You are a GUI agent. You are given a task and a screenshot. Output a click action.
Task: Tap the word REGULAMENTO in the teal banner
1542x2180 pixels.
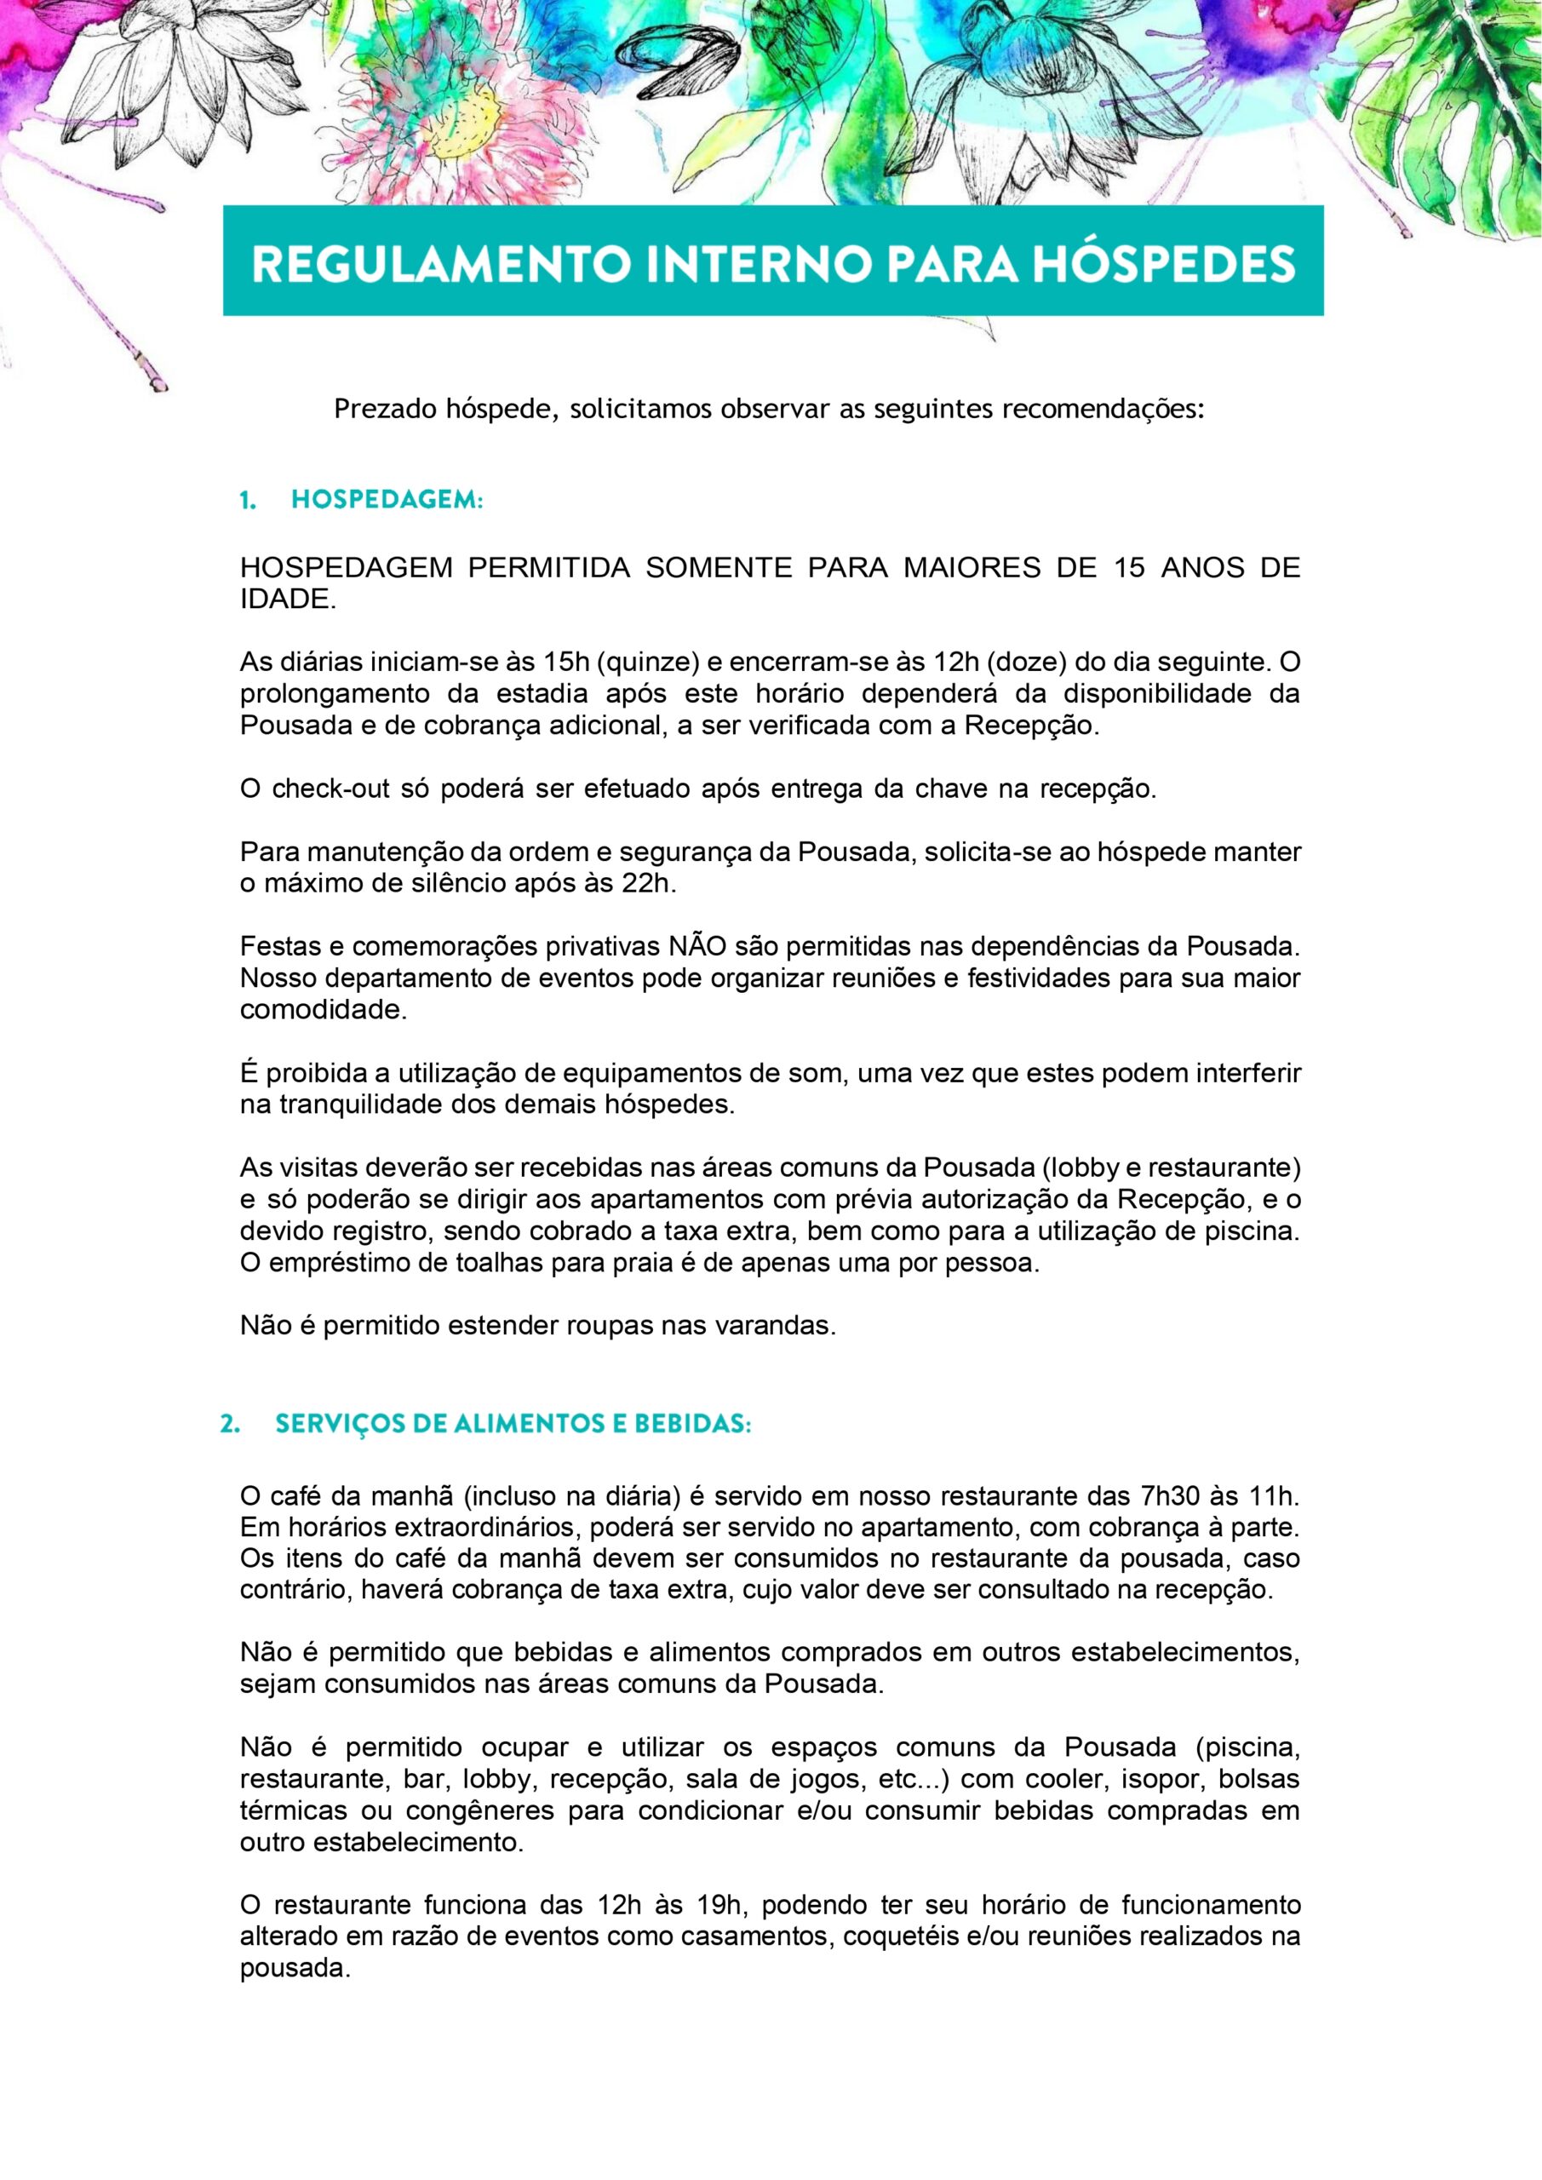click(x=439, y=264)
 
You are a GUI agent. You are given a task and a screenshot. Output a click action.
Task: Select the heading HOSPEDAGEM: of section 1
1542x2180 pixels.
click(x=387, y=501)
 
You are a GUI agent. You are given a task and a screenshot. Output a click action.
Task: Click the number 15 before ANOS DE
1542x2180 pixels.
click(x=1122, y=568)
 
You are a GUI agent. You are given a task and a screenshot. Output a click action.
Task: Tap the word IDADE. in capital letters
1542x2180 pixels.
click(x=288, y=600)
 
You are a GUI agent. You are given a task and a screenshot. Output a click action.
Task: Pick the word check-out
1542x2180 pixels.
click(x=331, y=789)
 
